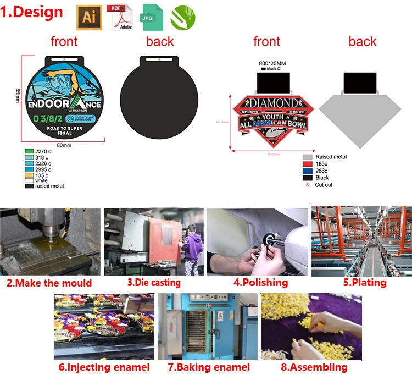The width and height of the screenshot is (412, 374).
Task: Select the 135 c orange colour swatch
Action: (x=29, y=175)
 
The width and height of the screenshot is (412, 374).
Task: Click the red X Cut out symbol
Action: (x=308, y=185)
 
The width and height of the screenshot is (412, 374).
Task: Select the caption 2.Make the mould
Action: (x=49, y=283)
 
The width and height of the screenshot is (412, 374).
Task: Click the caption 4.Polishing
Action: (x=260, y=283)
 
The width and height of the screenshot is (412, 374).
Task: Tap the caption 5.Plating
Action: (x=365, y=283)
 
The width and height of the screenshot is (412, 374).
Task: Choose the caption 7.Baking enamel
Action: (x=208, y=367)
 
